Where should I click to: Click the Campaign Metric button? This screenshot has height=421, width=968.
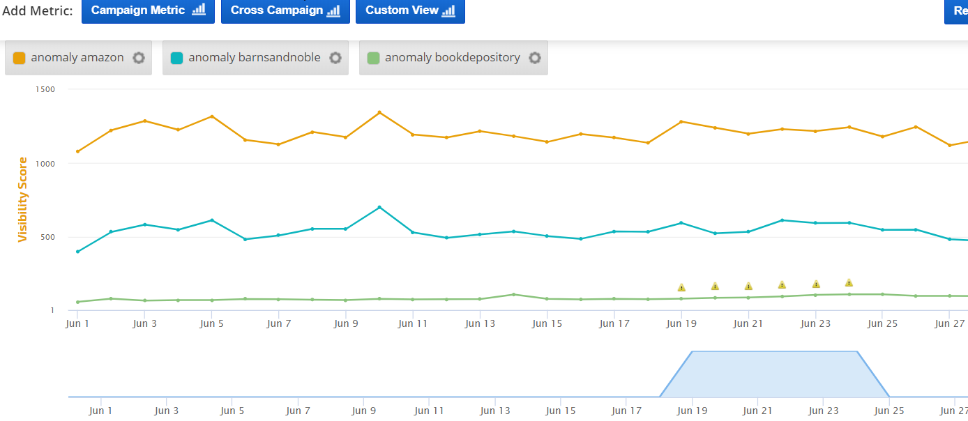tap(148, 10)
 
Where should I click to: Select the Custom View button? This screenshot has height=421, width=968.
tap(410, 10)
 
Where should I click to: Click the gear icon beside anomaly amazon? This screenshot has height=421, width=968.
tap(139, 58)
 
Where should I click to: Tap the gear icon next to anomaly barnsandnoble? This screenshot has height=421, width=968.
tap(335, 58)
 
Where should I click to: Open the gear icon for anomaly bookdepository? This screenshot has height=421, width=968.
tap(535, 58)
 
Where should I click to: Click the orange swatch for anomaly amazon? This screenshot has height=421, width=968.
tap(20, 58)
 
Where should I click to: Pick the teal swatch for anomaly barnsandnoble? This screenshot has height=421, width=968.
tap(177, 58)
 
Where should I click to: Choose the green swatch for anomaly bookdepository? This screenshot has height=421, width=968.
tap(374, 58)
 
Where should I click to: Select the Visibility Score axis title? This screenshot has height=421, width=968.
tap(23, 200)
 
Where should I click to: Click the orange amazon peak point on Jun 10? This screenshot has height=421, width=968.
tap(379, 112)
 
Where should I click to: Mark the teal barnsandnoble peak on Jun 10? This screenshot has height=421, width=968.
tap(379, 207)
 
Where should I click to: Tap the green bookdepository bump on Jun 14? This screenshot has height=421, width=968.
tap(513, 294)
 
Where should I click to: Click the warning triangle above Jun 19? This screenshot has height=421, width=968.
tap(681, 287)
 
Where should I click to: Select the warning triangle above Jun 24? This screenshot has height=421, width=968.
tap(849, 283)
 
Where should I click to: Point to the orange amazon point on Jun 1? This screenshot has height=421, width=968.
tap(77, 151)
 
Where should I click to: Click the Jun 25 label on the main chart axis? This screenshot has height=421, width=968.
tap(882, 324)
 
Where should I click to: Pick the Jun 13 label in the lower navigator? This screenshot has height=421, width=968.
tap(495, 411)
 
